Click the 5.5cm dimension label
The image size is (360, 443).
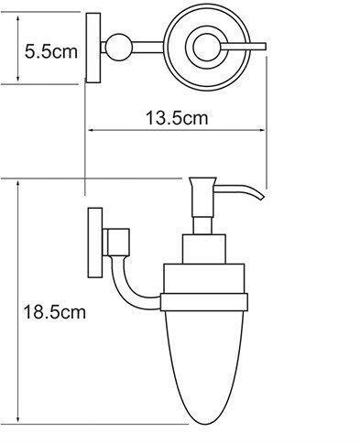point(51,51)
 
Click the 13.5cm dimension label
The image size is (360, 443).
point(177,118)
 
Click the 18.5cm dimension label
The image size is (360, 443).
point(54,312)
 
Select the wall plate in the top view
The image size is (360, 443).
point(93,48)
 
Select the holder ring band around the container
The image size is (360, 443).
point(204,302)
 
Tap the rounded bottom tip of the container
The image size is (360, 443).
point(206,424)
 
